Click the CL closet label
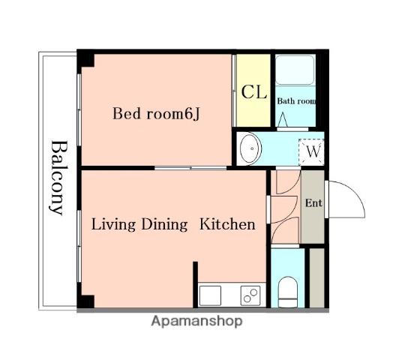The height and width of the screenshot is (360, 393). coord(253,92)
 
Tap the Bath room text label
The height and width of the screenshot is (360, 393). coord(296,101)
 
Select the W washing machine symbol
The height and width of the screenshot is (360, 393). coord(311,152)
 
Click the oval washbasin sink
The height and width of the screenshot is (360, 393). coord(250,148)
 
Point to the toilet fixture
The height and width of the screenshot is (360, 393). coord(288,292)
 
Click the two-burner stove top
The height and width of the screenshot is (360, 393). coord(250,295)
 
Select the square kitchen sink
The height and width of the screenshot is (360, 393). coord(210,295)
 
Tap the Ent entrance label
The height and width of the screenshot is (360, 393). coord(313,203)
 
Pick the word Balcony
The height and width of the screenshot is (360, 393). coord(57,178)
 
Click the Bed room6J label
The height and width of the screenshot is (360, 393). coord(156,114)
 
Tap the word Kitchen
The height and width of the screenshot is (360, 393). coord(227,224)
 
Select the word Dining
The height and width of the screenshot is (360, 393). coord(164,225)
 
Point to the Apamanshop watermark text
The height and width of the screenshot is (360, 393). coord(196,322)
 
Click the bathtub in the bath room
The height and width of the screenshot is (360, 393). coord(295,70)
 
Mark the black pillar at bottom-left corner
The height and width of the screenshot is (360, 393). coord(85,301)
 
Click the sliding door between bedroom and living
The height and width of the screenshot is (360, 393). coord(190,168)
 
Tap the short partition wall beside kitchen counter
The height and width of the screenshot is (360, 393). coord(195,284)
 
